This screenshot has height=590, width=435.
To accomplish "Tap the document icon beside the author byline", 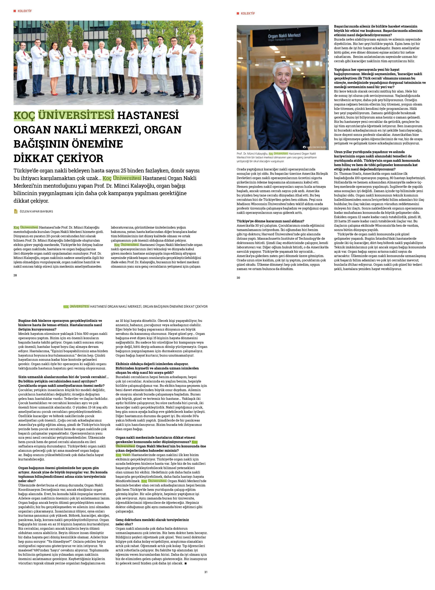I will [16, 211].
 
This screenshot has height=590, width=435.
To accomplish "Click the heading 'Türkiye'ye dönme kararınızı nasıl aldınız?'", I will [270, 221].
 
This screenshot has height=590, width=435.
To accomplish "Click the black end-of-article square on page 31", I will [186, 563].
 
